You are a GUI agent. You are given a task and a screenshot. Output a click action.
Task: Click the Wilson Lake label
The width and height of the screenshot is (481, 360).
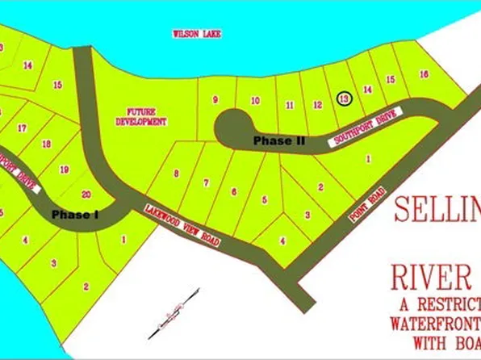pos(197,34)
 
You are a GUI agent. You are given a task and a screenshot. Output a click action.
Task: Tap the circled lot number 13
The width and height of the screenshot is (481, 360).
pos(344,98)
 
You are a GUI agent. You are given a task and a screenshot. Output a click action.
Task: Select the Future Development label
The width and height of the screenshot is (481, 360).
pos(147,116)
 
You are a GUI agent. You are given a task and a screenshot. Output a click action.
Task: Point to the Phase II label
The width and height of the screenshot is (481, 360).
pos(278,140)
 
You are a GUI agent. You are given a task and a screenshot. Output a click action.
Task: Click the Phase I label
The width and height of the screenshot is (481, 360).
pos(74,215)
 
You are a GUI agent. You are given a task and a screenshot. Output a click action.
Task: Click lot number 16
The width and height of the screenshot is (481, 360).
pos(424,74)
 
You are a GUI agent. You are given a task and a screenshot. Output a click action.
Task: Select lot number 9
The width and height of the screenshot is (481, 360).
pos(215,100)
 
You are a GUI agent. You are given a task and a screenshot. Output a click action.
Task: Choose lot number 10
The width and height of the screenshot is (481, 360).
pos(255,101)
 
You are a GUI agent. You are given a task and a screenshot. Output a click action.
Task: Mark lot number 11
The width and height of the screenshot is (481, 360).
pos(289,104)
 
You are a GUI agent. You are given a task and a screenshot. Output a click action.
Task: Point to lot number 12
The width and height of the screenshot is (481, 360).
pos(318,104)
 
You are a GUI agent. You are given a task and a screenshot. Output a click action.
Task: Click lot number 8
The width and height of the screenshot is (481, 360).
pos(175,173)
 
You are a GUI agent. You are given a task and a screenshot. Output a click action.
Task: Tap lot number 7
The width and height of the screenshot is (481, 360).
pos(206,182)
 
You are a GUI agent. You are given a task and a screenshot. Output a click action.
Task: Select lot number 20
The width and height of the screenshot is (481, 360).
pos(86,194)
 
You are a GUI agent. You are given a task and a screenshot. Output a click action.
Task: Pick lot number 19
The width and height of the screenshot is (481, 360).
pos(65,169)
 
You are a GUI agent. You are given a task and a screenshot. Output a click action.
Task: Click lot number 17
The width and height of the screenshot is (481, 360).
pos(22,128)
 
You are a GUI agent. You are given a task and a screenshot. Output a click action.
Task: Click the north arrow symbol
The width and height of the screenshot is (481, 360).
pos(173,311)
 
